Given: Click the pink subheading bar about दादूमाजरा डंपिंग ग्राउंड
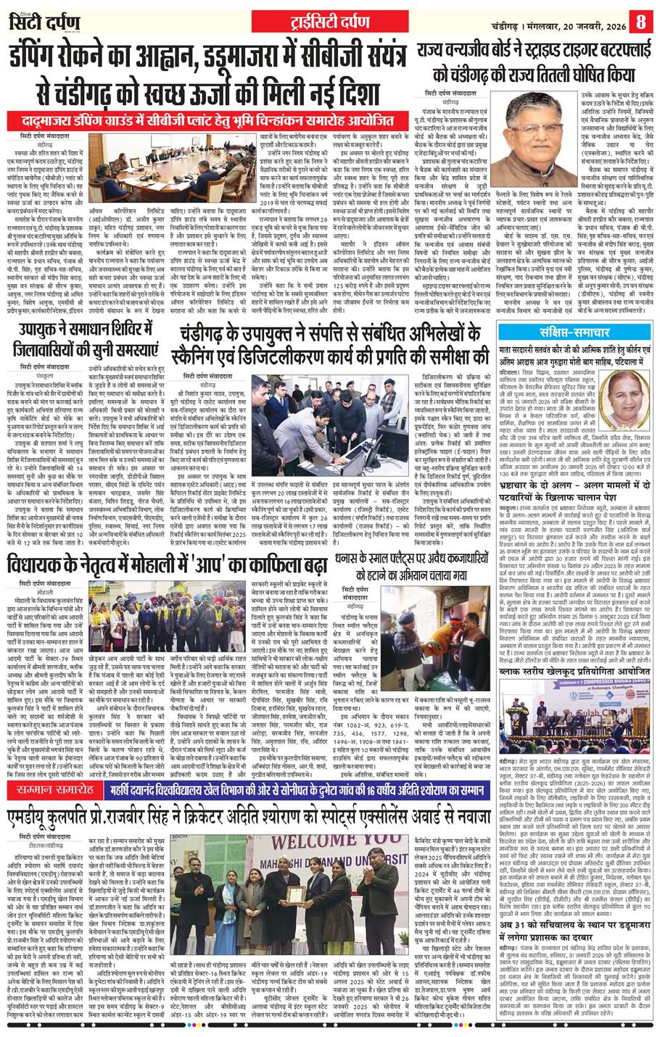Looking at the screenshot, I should [210, 120].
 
